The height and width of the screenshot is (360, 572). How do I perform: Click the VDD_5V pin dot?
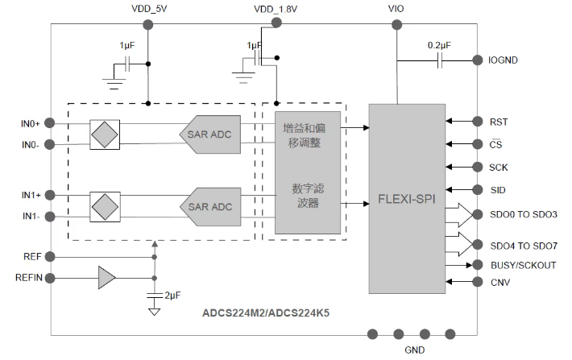click(147, 25)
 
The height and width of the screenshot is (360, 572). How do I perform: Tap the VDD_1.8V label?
click(276, 9)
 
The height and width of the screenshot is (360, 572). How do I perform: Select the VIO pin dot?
click(397, 25)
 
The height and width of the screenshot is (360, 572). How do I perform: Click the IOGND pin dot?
click(478, 60)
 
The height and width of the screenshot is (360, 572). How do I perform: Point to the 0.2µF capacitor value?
click(439, 45)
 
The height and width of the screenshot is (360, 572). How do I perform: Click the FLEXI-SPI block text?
click(407, 199)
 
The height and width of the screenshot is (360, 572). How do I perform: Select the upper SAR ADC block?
click(209, 134)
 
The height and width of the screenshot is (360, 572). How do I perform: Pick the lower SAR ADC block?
click(210, 207)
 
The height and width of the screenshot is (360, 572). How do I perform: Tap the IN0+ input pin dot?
click(50, 123)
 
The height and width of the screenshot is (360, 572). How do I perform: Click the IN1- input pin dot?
click(50, 217)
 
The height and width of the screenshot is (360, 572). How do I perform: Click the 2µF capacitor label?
click(172, 295)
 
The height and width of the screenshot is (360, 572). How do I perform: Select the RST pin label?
click(499, 122)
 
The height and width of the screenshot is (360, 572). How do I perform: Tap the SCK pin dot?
click(478, 167)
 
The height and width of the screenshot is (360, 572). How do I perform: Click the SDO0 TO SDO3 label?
click(524, 214)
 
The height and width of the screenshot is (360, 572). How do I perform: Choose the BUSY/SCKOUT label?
click(524, 265)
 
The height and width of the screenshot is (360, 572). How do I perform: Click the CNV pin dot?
click(478, 282)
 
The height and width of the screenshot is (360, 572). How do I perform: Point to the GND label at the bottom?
click(415, 350)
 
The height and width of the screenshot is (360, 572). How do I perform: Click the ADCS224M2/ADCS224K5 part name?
click(266, 313)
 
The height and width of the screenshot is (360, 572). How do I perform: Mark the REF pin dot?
click(50, 257)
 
